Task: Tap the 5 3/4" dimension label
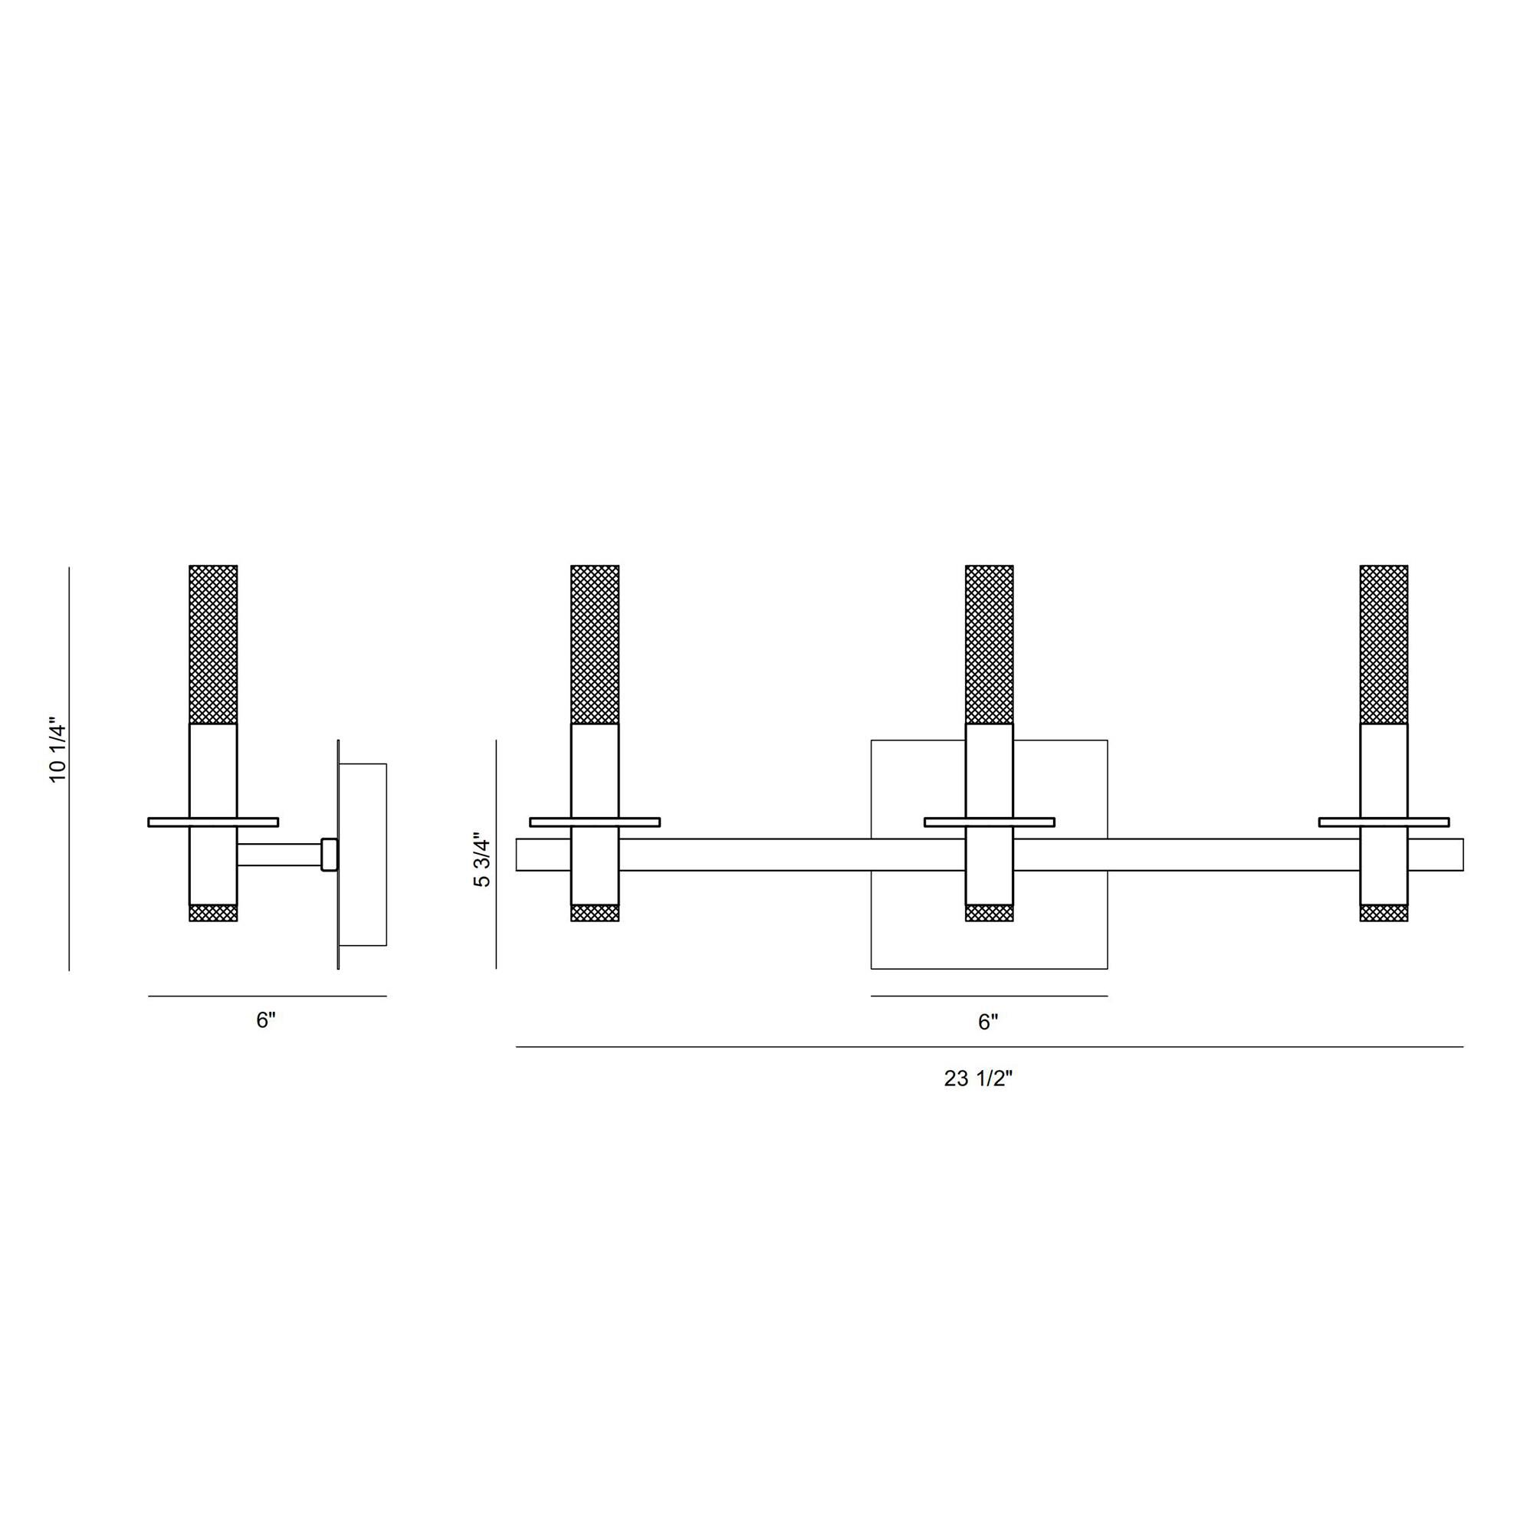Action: (482, 860)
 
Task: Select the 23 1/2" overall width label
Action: (978, 1079)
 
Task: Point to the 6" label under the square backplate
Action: (988, 1023)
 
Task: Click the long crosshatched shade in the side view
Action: (213, 645)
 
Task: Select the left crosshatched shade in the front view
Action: (595, 645)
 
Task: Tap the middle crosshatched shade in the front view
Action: (990, 645)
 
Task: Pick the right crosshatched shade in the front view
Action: (1384, 645)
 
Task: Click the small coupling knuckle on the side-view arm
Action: (330, 855)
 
